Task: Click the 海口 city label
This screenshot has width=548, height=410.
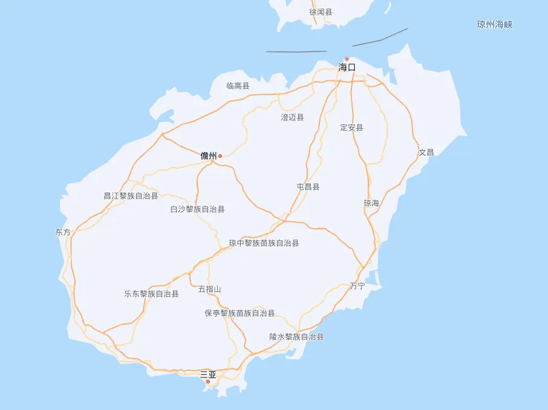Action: click(347, 67)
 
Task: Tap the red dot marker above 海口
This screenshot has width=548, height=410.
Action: click(347, 59)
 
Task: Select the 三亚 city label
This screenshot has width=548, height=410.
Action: click(208, 374)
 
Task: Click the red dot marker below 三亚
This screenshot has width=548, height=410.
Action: click(208, 382)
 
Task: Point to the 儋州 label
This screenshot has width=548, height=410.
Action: click(209, 156)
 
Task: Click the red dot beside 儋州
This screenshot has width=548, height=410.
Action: click(220, 156)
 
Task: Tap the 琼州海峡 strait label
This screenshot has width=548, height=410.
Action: click(495, 25)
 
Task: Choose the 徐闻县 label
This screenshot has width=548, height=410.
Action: click(321, 12)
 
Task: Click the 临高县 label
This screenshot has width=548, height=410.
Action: click(238, 86)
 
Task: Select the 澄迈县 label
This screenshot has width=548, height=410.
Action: click(292, 117)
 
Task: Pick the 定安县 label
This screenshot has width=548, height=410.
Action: click(351, 128)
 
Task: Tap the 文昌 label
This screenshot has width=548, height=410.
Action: click(426, 152)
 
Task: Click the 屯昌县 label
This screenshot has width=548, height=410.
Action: click(308, 187)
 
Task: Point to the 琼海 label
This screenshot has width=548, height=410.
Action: click(371, 203)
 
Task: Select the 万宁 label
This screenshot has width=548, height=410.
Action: click(357, 286)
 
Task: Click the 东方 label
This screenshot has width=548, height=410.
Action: click(63, 232)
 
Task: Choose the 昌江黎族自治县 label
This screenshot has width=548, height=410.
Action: click(131, 196)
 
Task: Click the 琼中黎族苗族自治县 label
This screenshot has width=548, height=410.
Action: click(264, 243)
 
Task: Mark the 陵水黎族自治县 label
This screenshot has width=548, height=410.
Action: click(296, 337)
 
